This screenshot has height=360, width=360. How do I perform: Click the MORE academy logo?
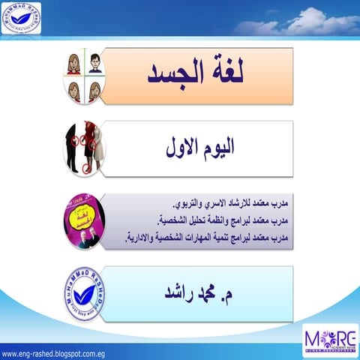pyautogui.click(x=330, y=337)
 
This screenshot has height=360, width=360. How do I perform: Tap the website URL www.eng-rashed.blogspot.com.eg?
pyautogui.click(x=56, y=352)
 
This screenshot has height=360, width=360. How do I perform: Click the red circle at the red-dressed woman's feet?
pyautogui.click(x=85, y=169)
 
